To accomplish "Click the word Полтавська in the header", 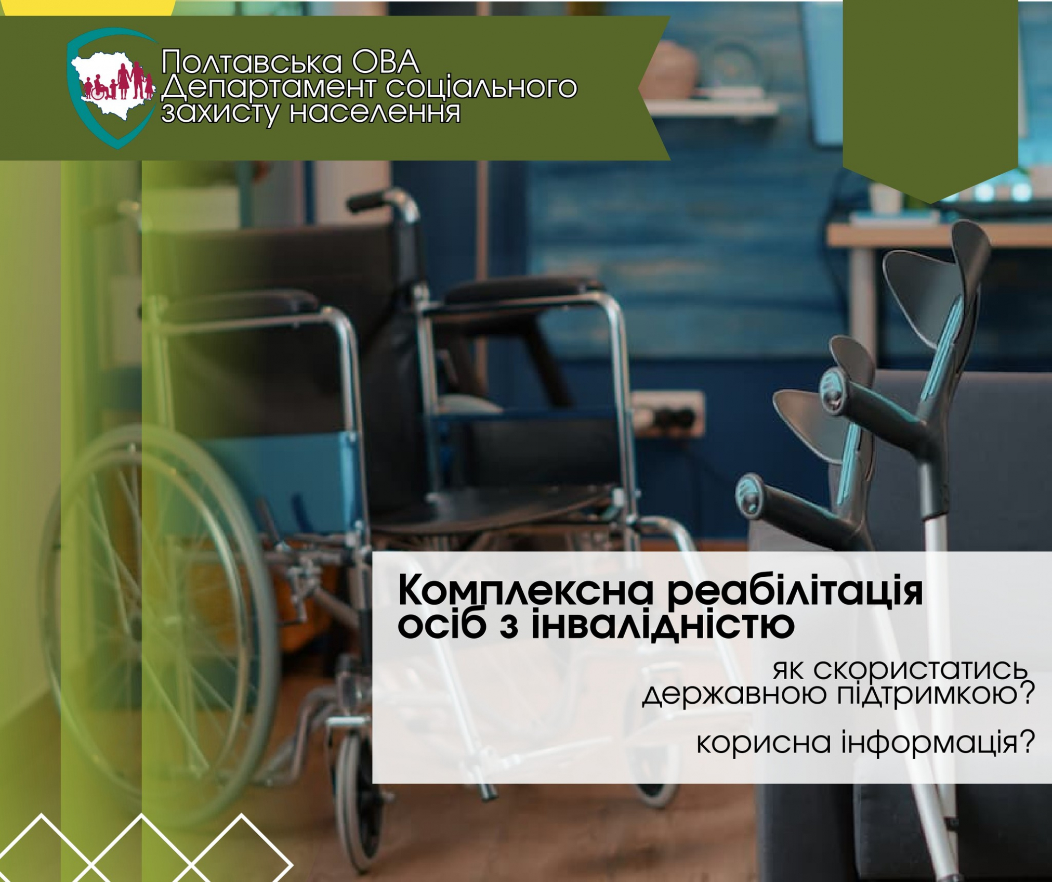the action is click(252, 61).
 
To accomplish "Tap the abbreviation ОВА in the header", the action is click(385, 61).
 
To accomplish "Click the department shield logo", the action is click(112, 88).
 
